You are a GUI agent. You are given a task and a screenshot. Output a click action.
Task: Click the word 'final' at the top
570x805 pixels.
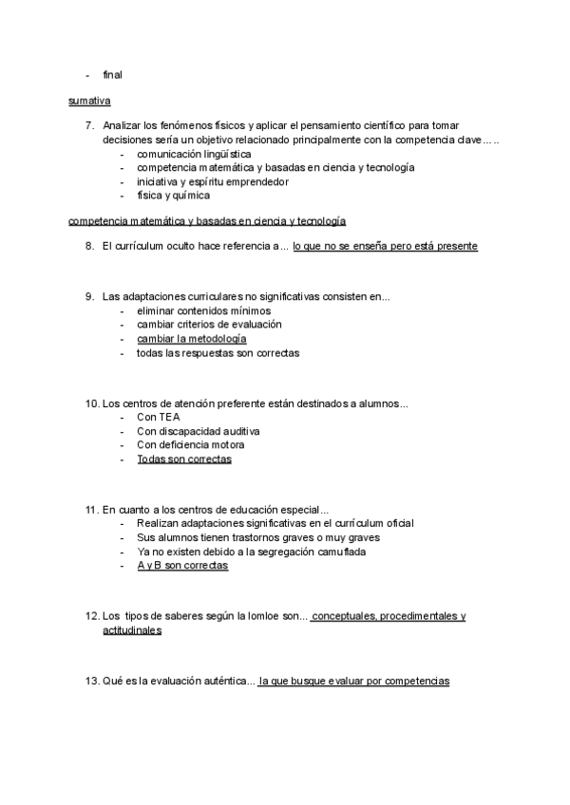click(112, 75)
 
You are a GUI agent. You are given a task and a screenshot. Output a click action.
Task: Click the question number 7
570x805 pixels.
click(89, 125)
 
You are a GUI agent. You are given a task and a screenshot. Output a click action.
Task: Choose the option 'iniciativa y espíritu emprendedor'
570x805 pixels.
click(213, 181)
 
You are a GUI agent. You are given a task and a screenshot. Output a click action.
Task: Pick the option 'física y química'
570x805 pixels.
click(174, 196)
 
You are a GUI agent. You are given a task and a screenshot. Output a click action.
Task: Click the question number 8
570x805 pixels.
click(89, 246)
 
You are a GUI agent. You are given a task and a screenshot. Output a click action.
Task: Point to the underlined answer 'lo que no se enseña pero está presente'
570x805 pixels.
click(385, 246)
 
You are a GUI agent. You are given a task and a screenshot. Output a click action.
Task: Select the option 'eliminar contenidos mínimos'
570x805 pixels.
click(203, 310)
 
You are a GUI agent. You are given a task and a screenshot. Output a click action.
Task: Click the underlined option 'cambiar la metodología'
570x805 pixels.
click(192, 339)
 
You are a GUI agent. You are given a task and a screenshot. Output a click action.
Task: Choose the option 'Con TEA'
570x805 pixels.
click(159, 417)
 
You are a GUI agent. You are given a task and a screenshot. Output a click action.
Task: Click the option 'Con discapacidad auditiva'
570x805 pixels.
click(199, 431)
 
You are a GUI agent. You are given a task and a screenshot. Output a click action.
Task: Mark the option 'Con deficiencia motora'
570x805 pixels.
click(191, 444)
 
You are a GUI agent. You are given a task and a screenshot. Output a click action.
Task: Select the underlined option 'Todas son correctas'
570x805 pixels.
click(184, 459)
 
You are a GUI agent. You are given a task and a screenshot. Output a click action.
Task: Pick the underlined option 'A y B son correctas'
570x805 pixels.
click(182, 566)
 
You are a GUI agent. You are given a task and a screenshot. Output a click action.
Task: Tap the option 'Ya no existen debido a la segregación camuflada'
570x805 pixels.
click(252, 552)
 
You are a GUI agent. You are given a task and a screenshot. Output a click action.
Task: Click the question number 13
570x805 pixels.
click(92, 682)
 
